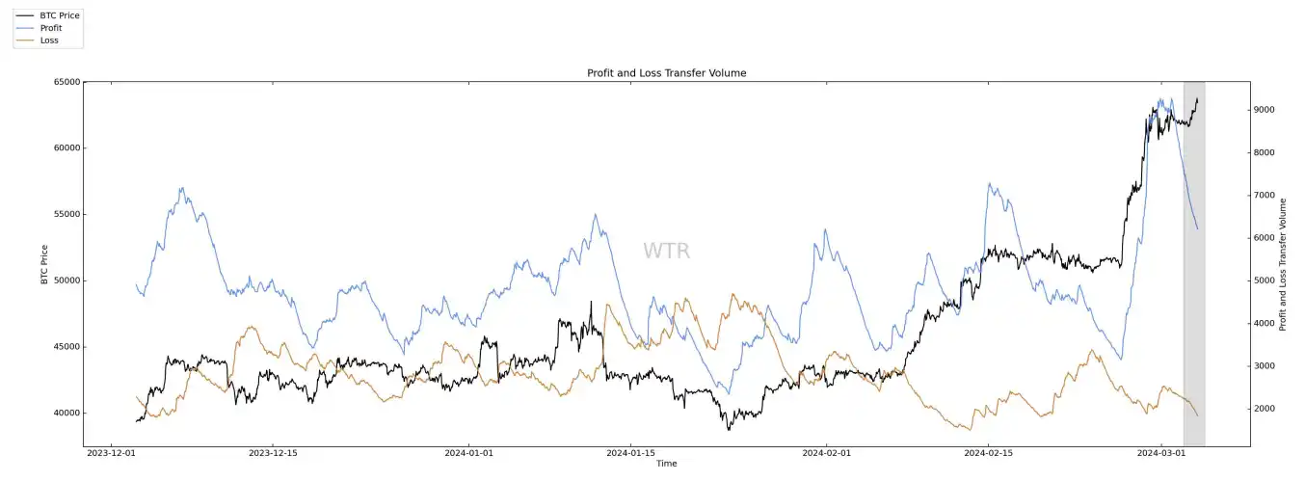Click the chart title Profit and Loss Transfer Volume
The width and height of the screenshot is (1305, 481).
point(666,73)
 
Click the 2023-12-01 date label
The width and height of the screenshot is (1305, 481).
point(112,452)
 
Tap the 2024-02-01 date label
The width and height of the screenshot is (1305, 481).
point(827,452)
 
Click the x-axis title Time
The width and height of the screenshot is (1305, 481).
point(666,464)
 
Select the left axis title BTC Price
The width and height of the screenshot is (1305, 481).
point(44,264)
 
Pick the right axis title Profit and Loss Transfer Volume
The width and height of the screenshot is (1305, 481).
point(1283,264)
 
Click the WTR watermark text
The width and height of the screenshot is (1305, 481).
point(666,252)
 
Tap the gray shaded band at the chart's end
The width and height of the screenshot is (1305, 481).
point(1193,289)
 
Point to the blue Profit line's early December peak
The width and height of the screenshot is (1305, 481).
point(181,189)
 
